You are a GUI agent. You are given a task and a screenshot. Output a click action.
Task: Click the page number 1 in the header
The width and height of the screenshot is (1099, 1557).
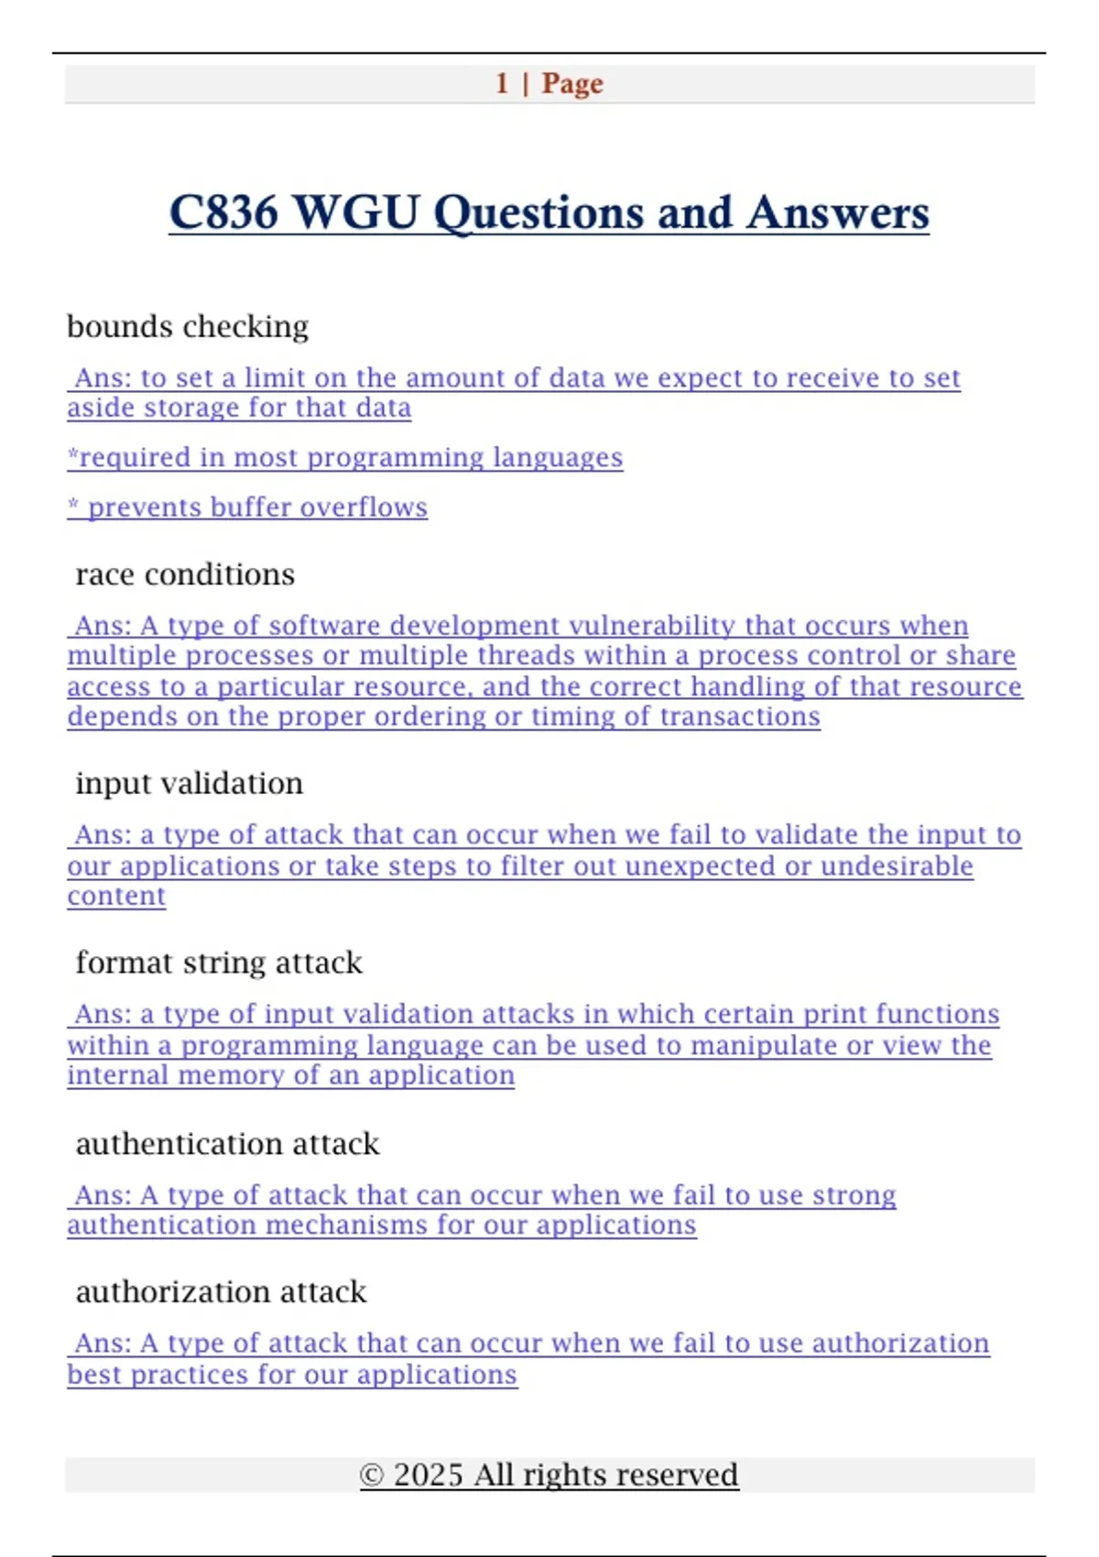click(502, 83)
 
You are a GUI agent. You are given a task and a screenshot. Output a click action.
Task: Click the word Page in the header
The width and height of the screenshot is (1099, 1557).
click(572, 83)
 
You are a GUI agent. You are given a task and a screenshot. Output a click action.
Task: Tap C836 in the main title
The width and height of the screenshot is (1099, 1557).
click(223, 212)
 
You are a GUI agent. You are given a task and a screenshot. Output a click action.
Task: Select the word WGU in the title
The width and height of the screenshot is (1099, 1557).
click(357, 212)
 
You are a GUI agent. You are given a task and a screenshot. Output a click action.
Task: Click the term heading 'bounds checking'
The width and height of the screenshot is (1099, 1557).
click(188, 326)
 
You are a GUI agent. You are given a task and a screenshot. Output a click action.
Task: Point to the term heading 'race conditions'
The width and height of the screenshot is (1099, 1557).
click(185, 574)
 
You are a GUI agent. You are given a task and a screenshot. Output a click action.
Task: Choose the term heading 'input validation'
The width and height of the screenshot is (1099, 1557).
click(189, 783)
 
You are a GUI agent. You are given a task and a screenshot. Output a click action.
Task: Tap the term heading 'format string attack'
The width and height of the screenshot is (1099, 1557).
click(219, 963)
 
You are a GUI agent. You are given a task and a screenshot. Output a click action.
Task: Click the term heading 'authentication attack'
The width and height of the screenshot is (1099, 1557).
click(227, 1144)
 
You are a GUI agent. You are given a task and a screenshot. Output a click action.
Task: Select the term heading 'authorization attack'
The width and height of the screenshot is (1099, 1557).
click(221, 1291)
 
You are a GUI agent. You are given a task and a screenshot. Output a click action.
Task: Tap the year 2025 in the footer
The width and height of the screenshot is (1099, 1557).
click(428, 1475)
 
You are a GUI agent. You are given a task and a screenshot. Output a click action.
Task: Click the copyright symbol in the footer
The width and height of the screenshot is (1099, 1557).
click(371, 1475)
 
